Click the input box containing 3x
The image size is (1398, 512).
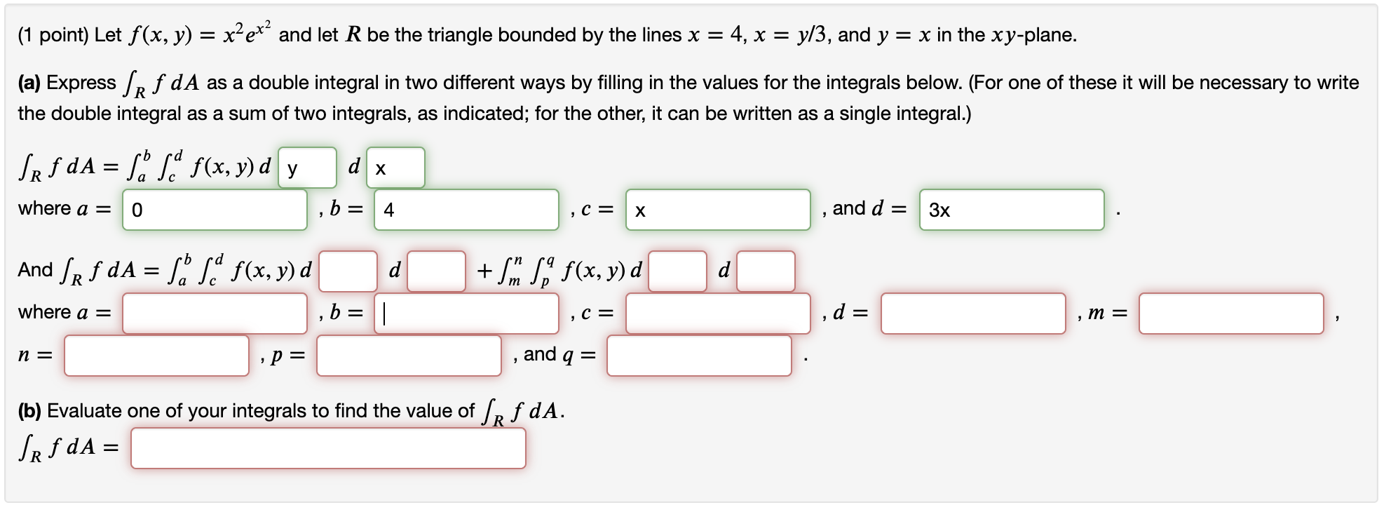1011,210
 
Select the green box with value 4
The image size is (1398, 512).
466,210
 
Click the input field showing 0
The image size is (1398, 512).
215,210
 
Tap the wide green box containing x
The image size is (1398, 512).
717,210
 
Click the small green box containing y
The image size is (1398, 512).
307,168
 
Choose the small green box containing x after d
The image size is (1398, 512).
395,168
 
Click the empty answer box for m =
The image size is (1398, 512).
1230,314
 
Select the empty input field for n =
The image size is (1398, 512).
156,356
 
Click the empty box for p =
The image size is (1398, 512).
409,356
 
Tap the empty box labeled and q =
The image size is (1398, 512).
699,356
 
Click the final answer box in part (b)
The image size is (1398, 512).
328,448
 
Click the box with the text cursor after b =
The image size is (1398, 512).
466,314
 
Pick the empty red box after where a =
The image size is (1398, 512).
215,314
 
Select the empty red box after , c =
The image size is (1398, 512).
717,314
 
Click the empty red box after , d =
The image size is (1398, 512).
973,314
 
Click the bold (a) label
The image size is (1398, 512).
29,83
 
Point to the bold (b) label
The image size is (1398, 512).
29,411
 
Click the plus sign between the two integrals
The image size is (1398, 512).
484,271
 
